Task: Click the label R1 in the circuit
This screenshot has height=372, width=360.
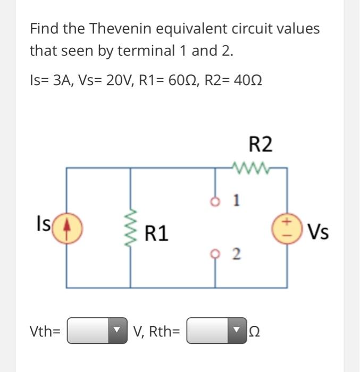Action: pyautogui.click(x=157, y=233)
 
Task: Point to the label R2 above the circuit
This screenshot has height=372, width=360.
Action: pyautogui.click(x=260, y=144)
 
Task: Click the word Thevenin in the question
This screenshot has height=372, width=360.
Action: pyautogui.click(x=116, y=28)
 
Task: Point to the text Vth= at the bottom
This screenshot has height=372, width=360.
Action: pyautogui.click(x=45, y=332)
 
